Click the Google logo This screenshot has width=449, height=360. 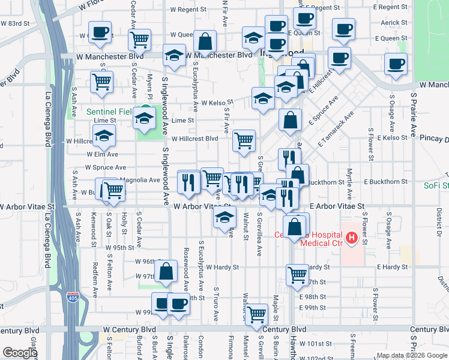point(20,353)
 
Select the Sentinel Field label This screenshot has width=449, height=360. point(108,112)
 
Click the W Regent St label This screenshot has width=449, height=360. point(188,10)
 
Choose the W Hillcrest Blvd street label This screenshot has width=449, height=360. point(194,139)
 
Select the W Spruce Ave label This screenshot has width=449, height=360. point(106,167)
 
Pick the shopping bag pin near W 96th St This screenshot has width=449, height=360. point(166,271)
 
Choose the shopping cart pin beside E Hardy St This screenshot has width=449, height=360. point(297,274)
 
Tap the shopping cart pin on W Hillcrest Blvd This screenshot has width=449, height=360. point(244,141)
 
